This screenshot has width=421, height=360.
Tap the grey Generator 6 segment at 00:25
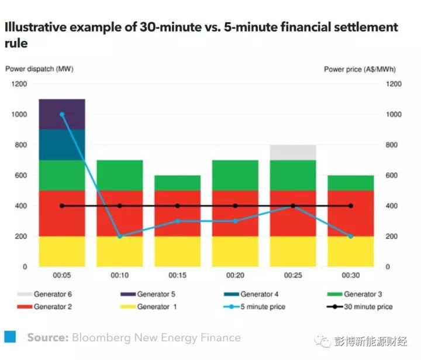(x=293, y=152)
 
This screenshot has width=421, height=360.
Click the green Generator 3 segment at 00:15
(x=177, y=183)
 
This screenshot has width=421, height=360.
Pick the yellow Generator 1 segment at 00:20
(x=235, y=252)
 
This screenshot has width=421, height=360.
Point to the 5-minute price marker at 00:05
(x=62, y=115)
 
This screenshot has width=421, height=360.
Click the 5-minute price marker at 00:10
(x=120, y=236)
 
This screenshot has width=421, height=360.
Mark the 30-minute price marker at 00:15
(x=177, y=206)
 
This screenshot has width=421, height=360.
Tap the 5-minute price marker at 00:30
(x=351, y=236)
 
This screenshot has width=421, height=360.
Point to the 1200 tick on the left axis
(x=19, y=84)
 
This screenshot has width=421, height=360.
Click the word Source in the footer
(x=47, y=338)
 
